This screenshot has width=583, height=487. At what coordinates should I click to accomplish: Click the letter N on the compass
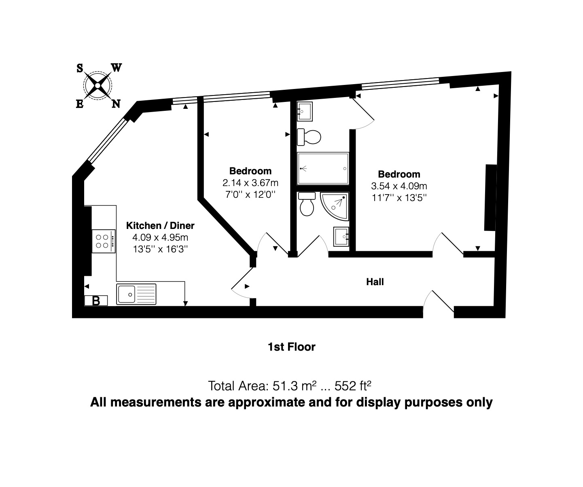116,104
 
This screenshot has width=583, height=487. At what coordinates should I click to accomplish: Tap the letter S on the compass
80,68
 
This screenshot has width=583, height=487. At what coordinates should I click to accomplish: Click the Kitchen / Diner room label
160,225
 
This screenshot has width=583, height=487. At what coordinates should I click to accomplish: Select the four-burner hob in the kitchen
104,241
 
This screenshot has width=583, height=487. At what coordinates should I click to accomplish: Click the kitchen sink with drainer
136,294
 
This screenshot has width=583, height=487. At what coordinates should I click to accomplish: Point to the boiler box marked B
96,301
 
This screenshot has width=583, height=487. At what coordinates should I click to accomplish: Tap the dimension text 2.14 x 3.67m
250,183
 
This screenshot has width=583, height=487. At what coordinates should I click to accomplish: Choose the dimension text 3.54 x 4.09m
399,186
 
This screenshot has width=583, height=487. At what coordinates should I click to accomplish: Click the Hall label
375,282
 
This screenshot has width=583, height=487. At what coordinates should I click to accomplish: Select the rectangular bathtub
323,169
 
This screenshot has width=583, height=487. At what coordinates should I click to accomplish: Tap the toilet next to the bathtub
309,137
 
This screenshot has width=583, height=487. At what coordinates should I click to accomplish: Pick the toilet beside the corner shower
307,205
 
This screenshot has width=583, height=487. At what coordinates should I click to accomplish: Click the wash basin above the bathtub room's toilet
305,111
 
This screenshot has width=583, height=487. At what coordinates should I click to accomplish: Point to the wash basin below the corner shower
341,237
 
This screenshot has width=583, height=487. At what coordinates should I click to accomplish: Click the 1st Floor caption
291,347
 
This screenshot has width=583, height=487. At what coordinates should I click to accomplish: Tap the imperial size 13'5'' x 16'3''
160,249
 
